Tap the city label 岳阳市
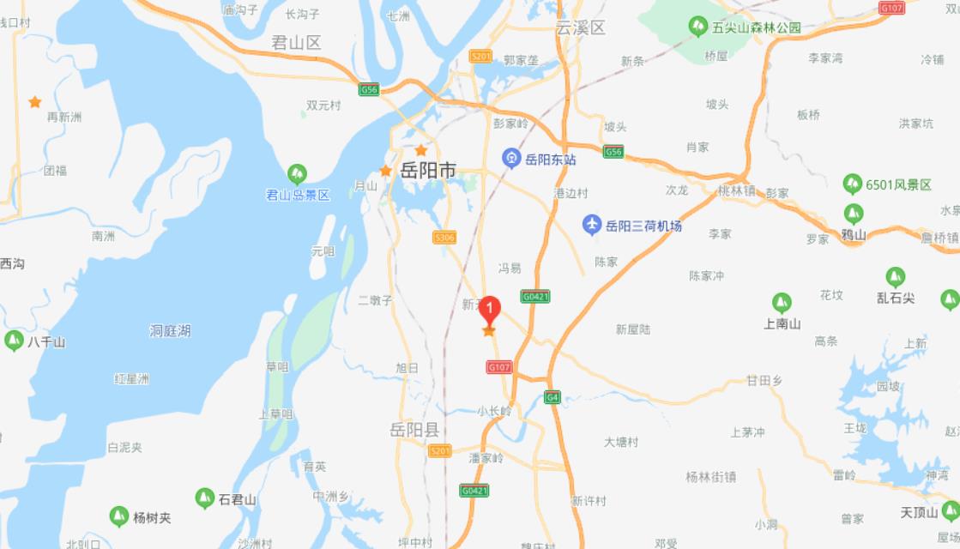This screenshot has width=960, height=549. coord(429,171)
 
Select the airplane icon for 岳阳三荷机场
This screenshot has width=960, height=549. coord(592,226)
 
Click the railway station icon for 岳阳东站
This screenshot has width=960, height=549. coord(511,159)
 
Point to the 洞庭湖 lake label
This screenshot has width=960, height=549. coord(170,331)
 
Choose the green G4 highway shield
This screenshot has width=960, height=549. coord(552,397)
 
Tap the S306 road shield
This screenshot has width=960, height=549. coord(444,238)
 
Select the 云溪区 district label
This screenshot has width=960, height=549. coord(580,27)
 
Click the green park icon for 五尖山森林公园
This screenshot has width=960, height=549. coord(698,27)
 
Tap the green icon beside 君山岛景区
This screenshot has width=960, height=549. coord(297,175)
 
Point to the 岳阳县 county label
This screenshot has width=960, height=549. coord(414,430)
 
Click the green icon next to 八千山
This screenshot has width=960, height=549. coord(14,341)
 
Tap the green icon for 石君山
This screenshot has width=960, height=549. coord(204,498)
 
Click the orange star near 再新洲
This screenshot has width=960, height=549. coord(35,102)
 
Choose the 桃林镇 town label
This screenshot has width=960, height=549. coord(737,191)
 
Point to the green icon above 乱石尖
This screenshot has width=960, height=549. coord(895,277)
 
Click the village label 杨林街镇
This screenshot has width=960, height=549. coord(711,477)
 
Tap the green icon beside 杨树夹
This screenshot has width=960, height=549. coord(119,517)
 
